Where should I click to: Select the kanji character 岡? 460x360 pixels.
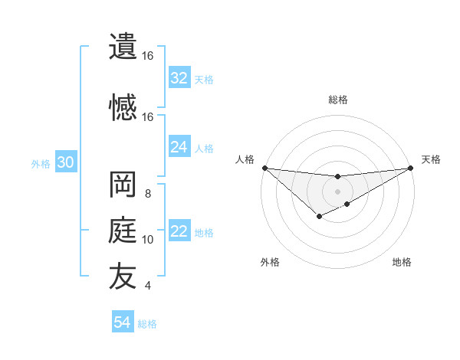[123, 185]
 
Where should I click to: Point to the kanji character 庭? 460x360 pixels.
[123, 231]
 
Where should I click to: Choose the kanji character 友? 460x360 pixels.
[123, 277]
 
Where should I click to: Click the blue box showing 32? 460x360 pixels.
[179, 78]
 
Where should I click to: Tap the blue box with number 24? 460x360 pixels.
[179, 147]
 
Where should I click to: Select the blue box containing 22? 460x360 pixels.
[179, 232]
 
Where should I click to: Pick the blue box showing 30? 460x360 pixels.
[65, 162]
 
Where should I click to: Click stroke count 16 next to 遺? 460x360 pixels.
[147, 56]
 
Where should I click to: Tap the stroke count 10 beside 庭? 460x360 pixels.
[148, 240]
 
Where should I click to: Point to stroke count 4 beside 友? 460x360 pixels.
[148, 286]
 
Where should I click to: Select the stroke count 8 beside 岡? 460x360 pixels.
[148, 194]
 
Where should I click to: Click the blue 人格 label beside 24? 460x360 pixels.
[204, 148]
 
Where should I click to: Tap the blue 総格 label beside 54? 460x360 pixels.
[147, 324]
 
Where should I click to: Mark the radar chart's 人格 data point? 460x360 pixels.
[264, 168]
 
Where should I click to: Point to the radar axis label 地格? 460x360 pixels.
[402, 262]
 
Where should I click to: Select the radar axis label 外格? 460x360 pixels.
[270, 262]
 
